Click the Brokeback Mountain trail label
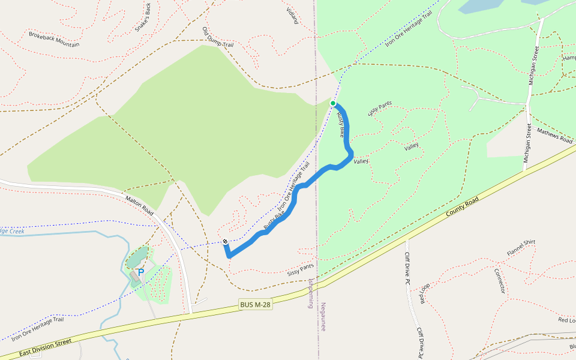pos(54,39)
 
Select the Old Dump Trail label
pos(217,39)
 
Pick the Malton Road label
pos(140,204)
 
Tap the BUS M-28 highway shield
pos(255,305)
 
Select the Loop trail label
pos(424,293)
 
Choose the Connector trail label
pos(499,280)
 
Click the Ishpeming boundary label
pos(311,293)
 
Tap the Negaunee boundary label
pos(323,316)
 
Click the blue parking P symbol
pos(141,272)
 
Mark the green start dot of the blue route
pos(333,103)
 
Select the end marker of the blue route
pos(225,242)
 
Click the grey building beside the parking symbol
pos(134,275)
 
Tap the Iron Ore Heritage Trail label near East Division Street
pos(37,328)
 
